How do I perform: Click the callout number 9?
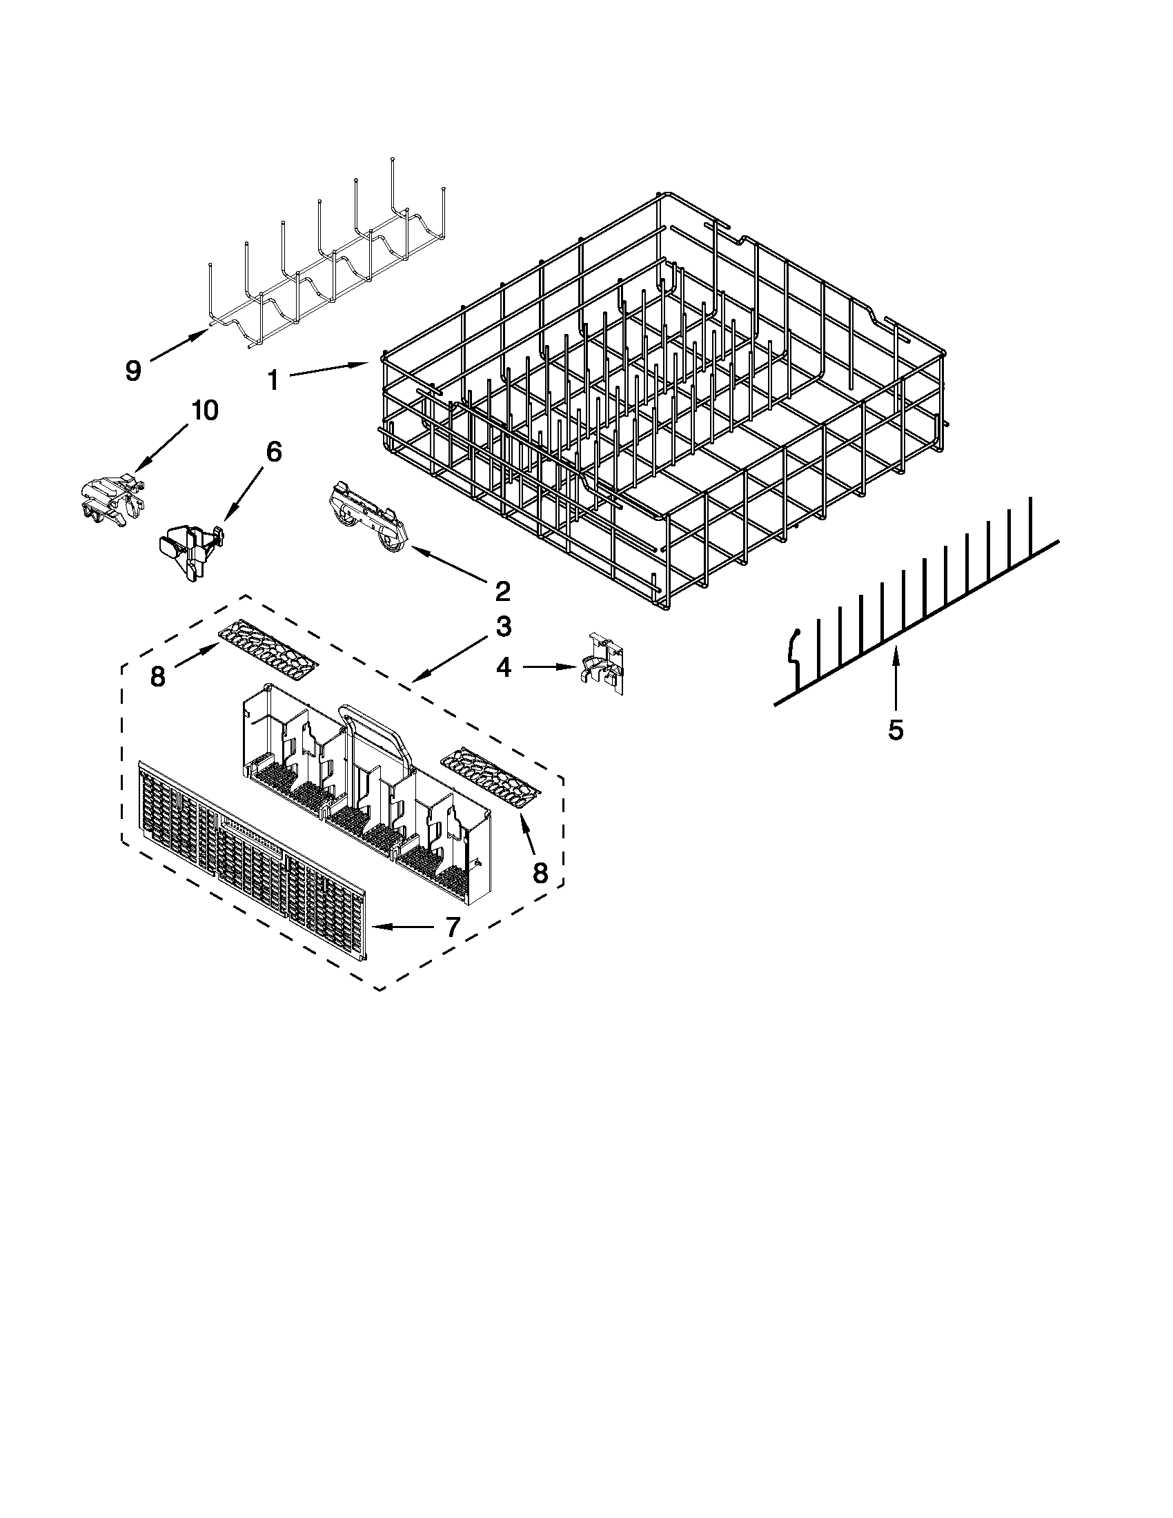point(132,371)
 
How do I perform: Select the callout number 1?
point(274,380)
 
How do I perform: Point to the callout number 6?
point(274,453)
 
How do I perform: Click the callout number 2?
point(502,591)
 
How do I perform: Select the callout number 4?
point(504,668)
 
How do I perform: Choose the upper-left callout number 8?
point(159,676)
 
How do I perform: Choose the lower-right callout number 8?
point(540,872)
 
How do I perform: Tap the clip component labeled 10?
point(111,497)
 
